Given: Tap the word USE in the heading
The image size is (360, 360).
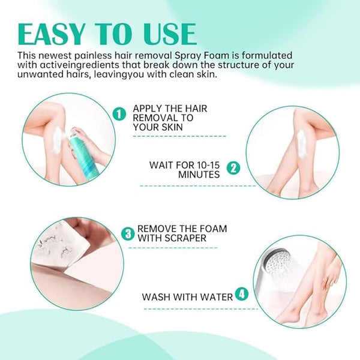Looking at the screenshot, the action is click(170, 34).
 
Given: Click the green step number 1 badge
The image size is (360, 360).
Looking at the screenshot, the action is click(119, 114).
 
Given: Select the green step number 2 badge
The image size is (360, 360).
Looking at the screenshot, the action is click(233, 168).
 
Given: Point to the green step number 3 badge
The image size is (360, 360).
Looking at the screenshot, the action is click(128, 234).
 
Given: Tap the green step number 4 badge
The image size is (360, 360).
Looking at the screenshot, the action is click(242, 294).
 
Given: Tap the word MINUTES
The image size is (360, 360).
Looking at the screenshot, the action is click(199, 175).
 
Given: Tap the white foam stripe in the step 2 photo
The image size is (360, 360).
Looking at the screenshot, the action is click(301, 143).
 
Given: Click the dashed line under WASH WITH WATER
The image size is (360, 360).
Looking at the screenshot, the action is click(200, 309).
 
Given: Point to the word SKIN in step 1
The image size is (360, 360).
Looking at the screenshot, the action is click(171, 127).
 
